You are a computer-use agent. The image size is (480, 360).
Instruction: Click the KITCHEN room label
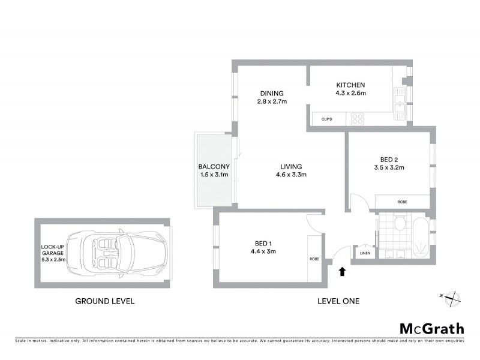point(350,85)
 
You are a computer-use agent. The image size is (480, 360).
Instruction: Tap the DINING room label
point(271,93)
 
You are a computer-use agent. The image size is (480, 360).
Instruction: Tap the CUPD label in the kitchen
point(326,119)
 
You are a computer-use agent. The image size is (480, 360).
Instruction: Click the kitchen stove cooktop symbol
point(357,119)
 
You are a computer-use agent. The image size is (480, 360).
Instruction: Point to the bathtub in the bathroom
point(420,237)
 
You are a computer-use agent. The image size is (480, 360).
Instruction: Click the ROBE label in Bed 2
point(402,202)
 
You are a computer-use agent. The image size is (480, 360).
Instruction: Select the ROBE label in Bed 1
point(314,259)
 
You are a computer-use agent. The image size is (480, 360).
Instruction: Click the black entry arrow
point(342,272)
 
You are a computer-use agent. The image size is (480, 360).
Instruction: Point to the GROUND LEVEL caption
point(104,301)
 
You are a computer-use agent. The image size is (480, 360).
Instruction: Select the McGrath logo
point(431,328)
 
